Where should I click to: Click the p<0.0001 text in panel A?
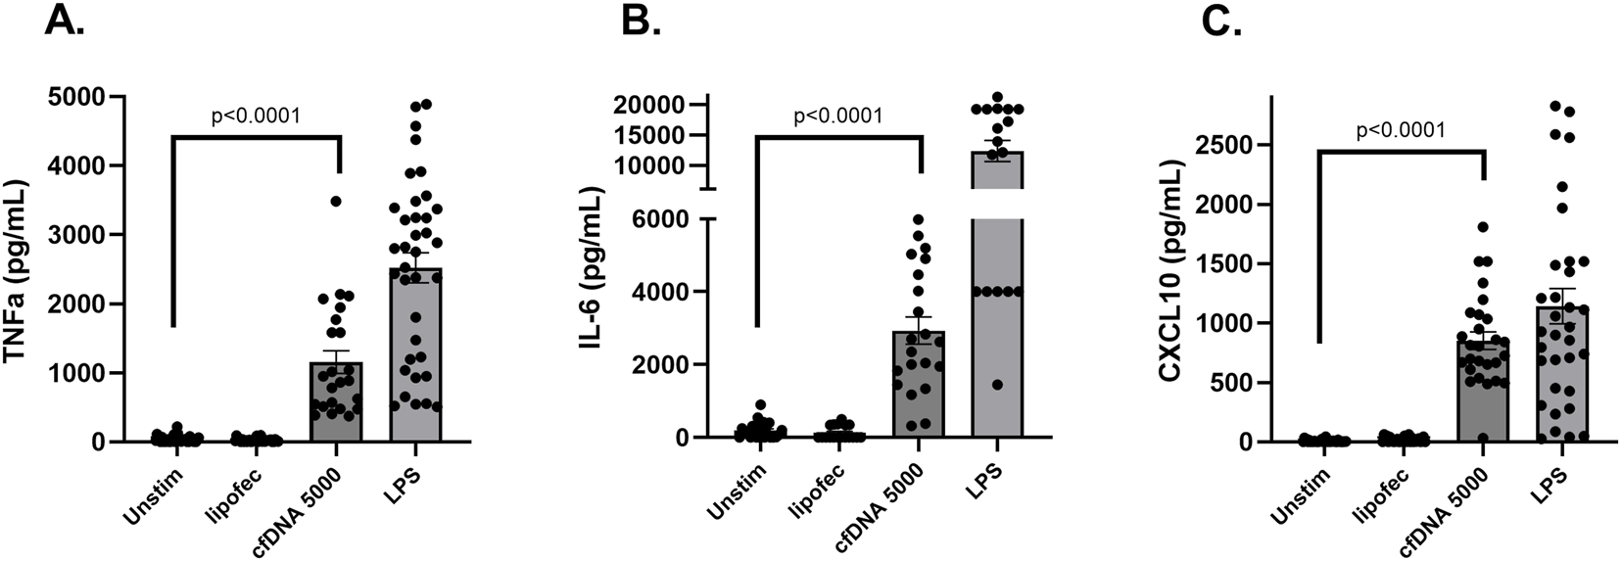point(256,117)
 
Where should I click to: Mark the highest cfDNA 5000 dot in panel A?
point(335,201)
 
